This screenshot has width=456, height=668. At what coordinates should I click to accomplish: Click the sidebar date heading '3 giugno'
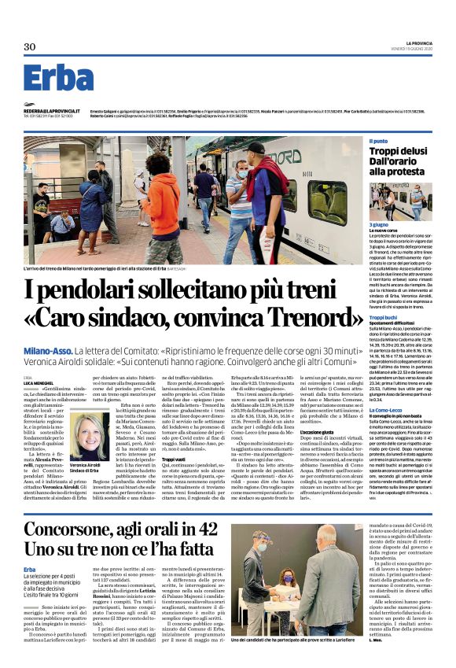(380, 225)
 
